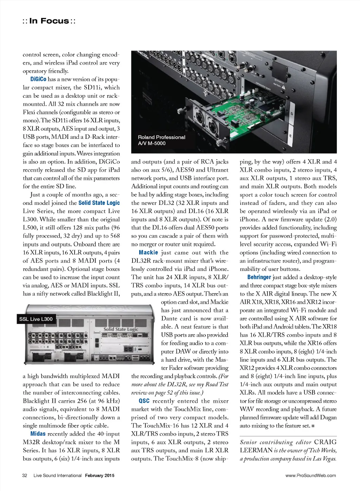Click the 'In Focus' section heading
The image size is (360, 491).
click(x=49, y=21)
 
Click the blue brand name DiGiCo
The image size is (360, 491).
click(x=38, y=79)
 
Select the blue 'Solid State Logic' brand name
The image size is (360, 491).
click(x=99, y=203)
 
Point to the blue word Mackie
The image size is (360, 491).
click(x=148, y=252)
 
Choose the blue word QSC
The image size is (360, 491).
click(x=144, y=401)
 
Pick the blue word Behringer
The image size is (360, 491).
click(x=259, y=277)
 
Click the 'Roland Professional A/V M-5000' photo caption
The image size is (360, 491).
click(x=161, y=140)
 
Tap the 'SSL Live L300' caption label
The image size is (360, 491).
click(x=36, y=319)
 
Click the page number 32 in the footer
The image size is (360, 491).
click(x=25, y=476)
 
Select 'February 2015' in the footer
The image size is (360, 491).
click(x=99, y=476)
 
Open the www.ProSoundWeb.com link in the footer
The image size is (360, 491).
click(x=310, y=476)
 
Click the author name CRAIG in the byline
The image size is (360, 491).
click(x=325, y=442)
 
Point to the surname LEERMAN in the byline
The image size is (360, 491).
click(x=256, y=450)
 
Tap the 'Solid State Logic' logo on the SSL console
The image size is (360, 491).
click(x=121, y=329)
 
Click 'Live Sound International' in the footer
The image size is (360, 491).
click(x=57, y=476)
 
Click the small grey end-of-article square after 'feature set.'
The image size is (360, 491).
click(x=313, y=426)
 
